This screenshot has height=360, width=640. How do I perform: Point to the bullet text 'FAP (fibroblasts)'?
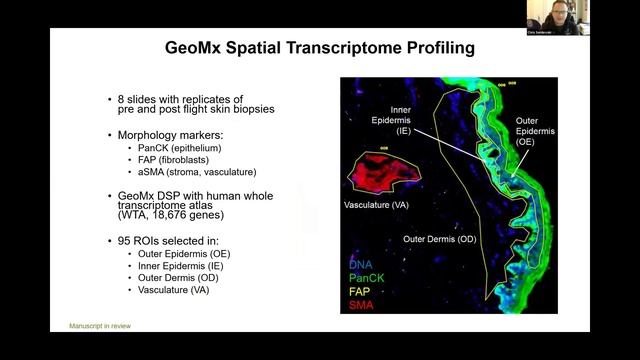point(170,159)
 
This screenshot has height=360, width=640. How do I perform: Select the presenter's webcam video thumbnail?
point(558,17)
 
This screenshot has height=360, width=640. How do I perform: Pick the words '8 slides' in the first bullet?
point(137,100)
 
